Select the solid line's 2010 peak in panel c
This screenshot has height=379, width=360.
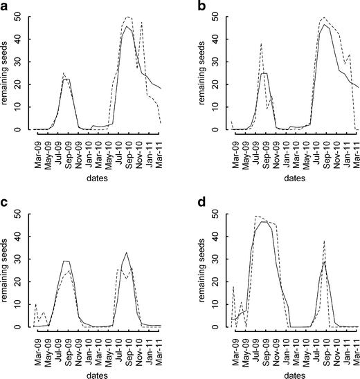click(126, 252)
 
